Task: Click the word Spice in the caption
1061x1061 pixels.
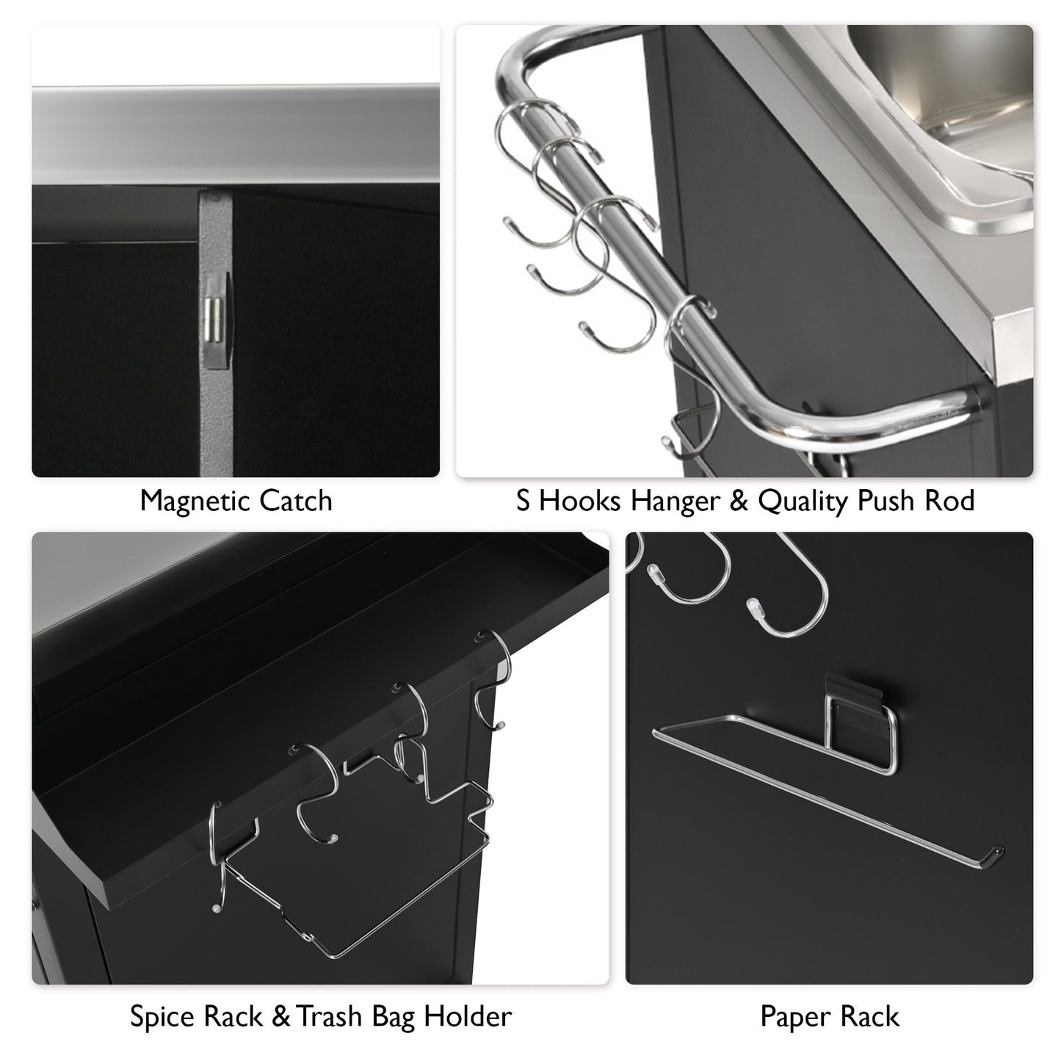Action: pyautogui.click(x=161, y=1018)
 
